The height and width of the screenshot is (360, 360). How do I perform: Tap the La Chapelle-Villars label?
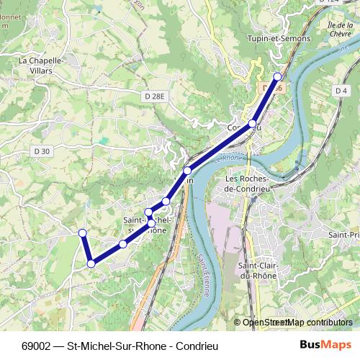42,66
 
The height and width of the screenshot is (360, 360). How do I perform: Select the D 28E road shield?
154,96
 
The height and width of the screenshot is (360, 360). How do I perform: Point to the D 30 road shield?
41,150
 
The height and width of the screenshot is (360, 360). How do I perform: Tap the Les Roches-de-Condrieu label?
246,184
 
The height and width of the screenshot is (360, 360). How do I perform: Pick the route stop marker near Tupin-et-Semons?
277,76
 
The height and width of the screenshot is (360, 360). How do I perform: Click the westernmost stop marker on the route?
82,233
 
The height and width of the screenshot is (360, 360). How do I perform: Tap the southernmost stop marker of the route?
91,264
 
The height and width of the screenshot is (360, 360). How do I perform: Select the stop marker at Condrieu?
252,124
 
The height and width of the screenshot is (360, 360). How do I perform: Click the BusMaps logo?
325,345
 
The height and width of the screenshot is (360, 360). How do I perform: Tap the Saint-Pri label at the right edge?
343,235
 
